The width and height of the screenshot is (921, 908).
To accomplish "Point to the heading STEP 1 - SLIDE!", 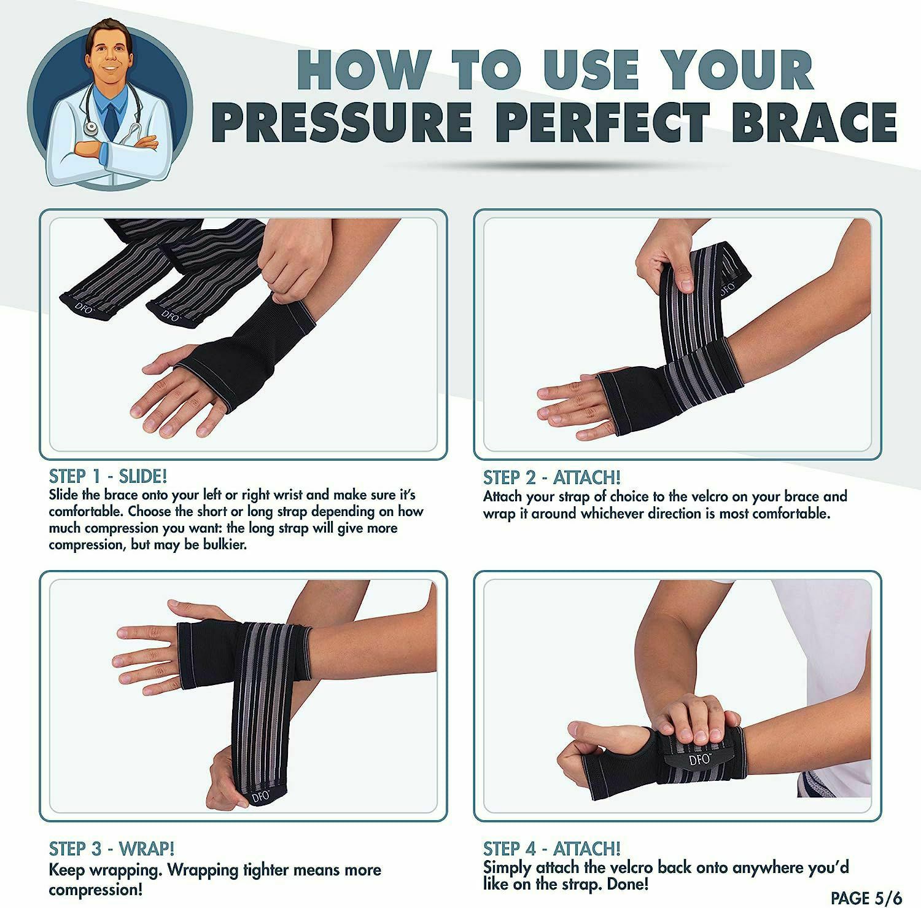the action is tap(108, 476).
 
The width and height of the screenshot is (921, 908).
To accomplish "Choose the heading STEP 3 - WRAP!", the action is tap(112, 848).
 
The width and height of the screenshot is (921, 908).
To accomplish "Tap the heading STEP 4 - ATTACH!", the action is tap(552, 848).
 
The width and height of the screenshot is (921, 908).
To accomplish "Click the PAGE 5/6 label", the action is tap(866, 897).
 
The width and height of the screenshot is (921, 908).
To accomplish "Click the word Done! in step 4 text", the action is tap(628, 884).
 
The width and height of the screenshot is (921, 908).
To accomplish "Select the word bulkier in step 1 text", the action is tap(225, 544).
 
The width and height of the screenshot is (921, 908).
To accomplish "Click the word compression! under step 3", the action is tap(96, 889).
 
